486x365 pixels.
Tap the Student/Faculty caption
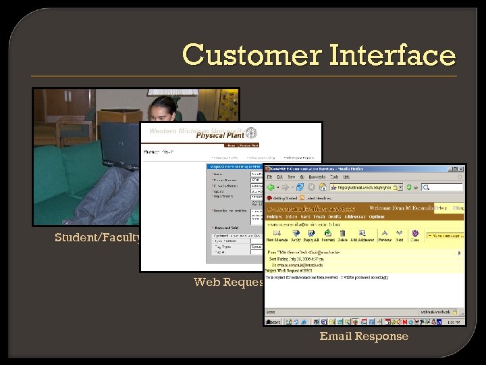coord(98,237)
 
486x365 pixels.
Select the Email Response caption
coord(364,336)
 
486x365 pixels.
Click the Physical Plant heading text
coord(219,135)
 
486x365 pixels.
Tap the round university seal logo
coord(251,132)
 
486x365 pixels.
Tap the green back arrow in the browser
coord(271,187)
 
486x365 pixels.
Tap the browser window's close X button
coord(460,168)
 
